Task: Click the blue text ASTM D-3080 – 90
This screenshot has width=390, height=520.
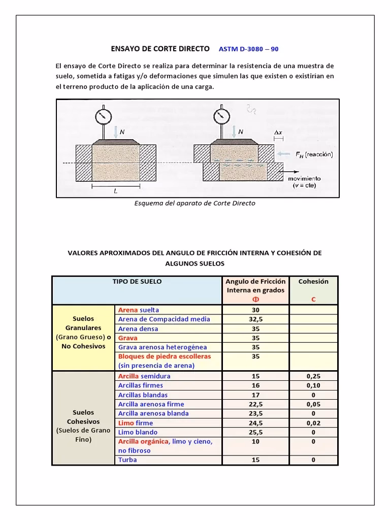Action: tap(248, 49)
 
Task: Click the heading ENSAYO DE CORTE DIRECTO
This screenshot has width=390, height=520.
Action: tap(160, 49)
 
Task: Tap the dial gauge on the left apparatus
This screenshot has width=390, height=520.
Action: tap(103, 116)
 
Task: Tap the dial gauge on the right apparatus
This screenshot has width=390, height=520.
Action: tap(220, 116)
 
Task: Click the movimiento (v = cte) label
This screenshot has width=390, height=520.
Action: tap(305, 182)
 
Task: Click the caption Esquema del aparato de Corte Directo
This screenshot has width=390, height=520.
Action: tap(194, 203)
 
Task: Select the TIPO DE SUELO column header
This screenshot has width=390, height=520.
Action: tap(137, 281)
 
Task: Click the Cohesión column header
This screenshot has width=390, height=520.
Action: tap(313, 281)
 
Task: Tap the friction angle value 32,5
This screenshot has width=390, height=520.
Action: tap(255, 319)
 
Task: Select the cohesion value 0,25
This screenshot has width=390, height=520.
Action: tap(313, 376)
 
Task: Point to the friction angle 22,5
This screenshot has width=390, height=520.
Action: tap(255, 404)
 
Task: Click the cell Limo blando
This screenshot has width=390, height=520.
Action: tap(138, 432)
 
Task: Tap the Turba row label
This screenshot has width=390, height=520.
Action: tap(127, 460)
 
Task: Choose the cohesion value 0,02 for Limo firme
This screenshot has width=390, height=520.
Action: tap(313, 423)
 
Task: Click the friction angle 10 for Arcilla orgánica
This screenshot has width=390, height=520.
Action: tap(255, 442)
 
